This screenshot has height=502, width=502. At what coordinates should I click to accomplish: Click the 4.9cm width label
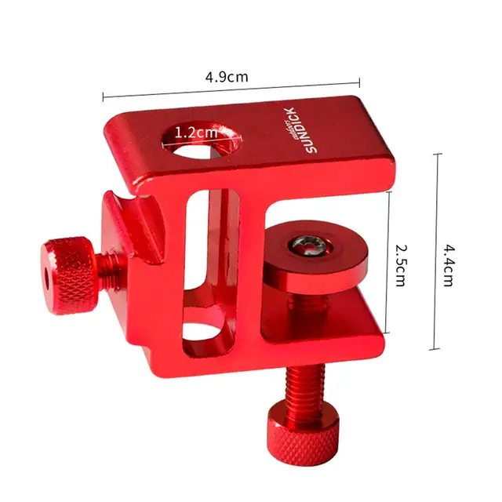point(227,77)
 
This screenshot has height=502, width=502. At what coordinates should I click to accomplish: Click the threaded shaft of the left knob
point(111,267)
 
